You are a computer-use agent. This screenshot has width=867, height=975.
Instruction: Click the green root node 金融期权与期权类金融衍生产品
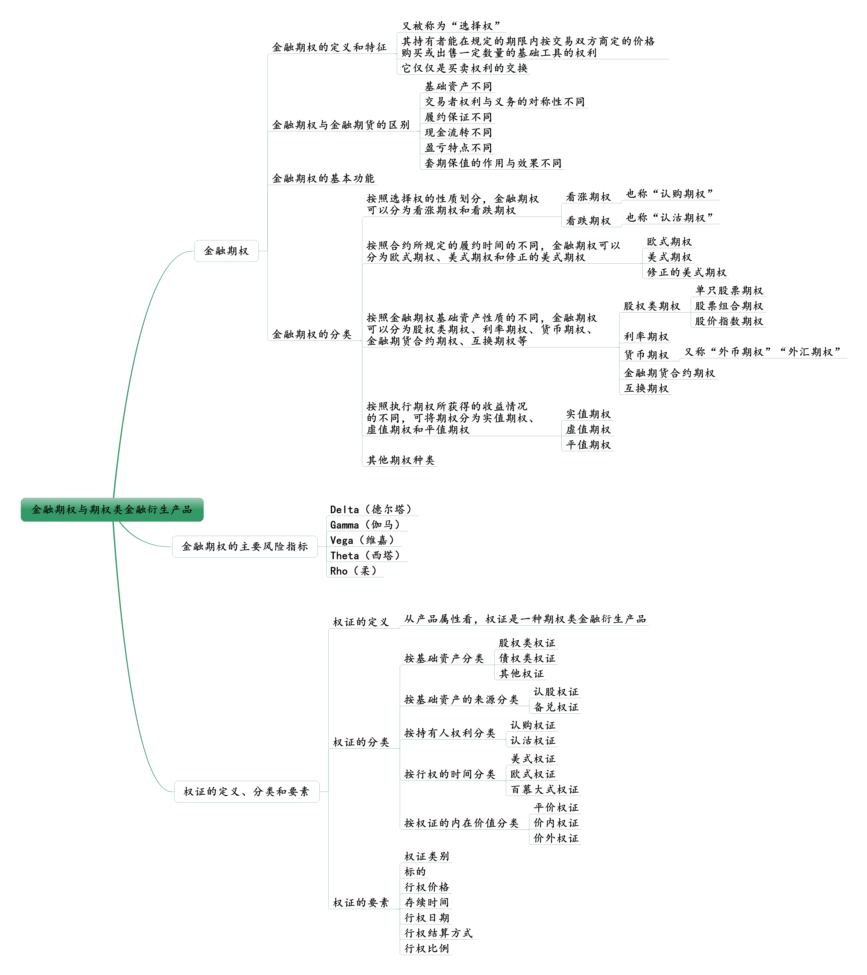[x=112, y=509]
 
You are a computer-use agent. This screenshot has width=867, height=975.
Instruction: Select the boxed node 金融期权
[x=226, y=251]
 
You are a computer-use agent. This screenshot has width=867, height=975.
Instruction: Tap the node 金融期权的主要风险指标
[x=245, y=546]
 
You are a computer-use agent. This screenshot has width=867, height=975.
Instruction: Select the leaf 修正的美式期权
[x=686, y=272]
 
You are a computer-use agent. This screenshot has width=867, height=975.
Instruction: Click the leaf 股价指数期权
[x=729, y=321]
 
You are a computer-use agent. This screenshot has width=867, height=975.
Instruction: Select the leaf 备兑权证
[x=556, y=707]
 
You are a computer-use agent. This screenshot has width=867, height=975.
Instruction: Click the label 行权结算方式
[x=438, y=933]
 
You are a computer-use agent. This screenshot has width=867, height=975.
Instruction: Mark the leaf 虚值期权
[x=588, y=429]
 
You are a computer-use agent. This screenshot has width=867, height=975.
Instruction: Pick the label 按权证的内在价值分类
[x=461, y=823]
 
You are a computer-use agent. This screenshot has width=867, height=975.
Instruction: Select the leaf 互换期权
[x=646, y=388]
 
